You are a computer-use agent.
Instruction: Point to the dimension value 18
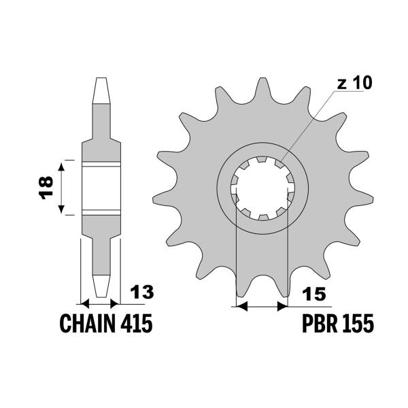(x=46, y=188)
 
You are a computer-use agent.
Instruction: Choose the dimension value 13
(x=143, y=293)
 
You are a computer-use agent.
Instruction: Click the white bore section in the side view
(x=101, y=188)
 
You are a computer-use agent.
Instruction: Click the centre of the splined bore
(x=262, y=188)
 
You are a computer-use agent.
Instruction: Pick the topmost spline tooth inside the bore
(x=262, y=162)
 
